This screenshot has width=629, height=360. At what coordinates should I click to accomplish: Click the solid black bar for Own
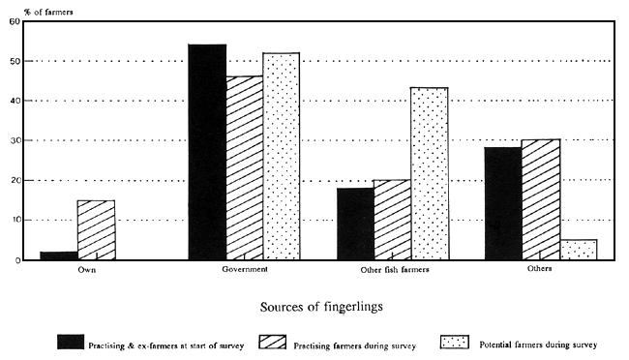pyautogui.click(x=58, y=255)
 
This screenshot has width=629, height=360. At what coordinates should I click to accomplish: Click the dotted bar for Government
pyautogui.click(x=282, y=156)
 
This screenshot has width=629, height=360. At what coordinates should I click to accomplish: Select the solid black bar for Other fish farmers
pyautogui.click(x=355, y=224)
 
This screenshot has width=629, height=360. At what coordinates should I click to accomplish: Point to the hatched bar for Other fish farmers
pyautogui.click(x=392, y=220)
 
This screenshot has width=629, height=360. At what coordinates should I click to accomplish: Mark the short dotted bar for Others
pyautogui.click(x=578, y=250)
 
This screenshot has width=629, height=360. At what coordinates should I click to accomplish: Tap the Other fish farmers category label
pyautogui.click(x=392, y=270)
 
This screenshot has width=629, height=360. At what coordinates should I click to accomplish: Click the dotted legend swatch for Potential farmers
pyautogui.click(x=452, y=343)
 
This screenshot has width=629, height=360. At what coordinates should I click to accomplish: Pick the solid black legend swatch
pyautogui.click(x=70, y=343)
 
